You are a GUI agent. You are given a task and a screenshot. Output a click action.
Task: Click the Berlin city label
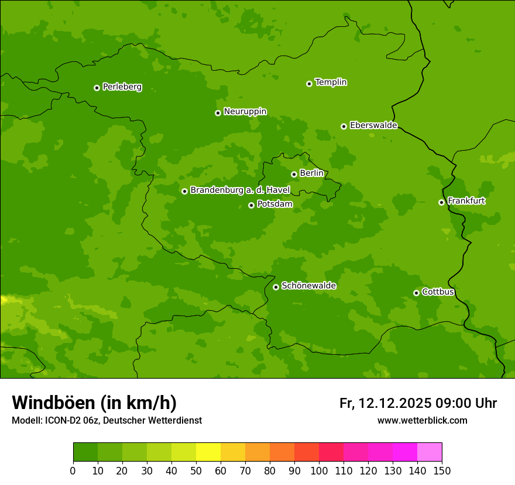311,173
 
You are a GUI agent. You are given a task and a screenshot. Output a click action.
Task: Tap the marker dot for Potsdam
251,205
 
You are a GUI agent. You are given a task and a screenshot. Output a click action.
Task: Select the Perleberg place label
122,87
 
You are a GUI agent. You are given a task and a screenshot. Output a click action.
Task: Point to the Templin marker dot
309,84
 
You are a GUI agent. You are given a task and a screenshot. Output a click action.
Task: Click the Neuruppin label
245,112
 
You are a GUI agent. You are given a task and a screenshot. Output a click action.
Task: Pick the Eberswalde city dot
344,126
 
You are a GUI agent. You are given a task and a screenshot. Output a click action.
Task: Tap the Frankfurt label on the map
466,201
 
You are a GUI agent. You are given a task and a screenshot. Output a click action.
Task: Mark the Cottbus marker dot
416,293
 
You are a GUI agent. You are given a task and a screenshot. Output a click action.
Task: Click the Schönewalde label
308,286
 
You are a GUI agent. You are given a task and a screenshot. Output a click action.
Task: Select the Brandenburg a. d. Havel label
240,190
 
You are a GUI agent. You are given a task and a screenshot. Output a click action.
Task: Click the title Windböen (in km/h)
94,403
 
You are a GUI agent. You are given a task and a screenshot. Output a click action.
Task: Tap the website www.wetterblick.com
422,420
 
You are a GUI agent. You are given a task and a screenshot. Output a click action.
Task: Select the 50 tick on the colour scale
196,470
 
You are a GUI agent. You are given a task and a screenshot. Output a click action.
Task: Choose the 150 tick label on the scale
442,470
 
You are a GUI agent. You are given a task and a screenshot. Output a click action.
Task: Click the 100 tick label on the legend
319,470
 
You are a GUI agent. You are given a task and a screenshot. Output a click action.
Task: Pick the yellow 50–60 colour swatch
208,452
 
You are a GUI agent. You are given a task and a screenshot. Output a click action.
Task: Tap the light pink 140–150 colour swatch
430,452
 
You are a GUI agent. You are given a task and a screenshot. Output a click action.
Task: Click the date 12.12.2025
395,403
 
